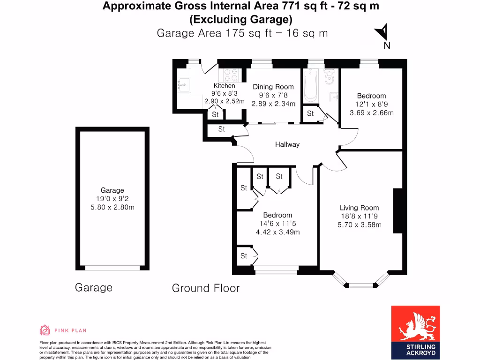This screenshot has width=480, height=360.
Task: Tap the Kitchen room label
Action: [224, 86]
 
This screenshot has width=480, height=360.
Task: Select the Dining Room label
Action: [273, 87]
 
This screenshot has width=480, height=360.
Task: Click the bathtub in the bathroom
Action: [310, 86]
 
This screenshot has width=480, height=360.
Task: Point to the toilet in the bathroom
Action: [329, 77]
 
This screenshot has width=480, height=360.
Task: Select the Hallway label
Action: [287, 144]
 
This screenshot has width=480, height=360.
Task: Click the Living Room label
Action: [360, 208]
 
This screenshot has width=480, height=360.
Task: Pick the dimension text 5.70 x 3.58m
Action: [360, 225]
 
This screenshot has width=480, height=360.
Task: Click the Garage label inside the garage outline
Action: [112, 190]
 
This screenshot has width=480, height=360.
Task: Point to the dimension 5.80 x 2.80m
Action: [112, 207]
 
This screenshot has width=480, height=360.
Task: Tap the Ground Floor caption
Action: [206, 288]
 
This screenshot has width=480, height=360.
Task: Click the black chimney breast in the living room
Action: [398, 210]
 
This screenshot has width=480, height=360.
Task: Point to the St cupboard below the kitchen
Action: [216, 114]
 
